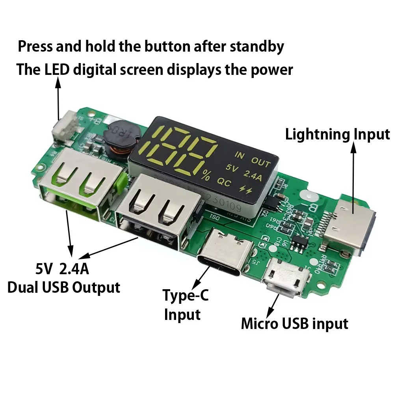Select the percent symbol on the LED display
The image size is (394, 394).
(205, 176)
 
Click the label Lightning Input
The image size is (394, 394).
(337, 135)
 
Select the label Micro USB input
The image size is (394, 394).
(294, 324)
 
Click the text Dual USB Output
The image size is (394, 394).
(64, 287)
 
